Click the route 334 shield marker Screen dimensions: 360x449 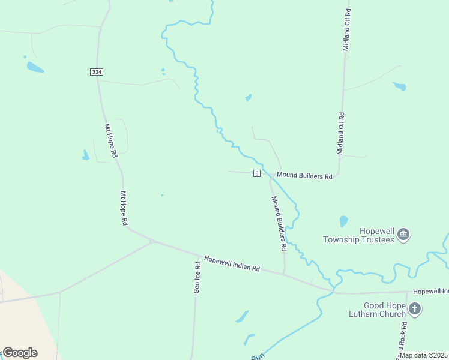click(x=97, y=72)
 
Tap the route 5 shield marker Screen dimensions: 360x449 click(x=256, y=173)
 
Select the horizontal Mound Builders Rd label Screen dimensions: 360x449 click(x=304, y=176)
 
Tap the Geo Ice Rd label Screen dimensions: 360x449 click(x=197, y=276)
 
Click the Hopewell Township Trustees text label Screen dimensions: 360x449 click(x=358, y=235)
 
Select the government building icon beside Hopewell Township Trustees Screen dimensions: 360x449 click(x=403, y=234)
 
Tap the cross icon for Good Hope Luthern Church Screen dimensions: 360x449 click(x=415, y=310)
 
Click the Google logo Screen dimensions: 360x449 click(x=20, y=352)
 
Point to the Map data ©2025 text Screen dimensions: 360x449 click(x=423, y=355)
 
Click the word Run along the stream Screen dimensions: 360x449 click(x=258, y=357)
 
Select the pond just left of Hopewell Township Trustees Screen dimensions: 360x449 click(x=343, y=221)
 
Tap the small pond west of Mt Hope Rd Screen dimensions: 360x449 click(x=86, y=155)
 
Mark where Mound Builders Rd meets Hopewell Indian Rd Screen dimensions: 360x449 click(x=284, y=275)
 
